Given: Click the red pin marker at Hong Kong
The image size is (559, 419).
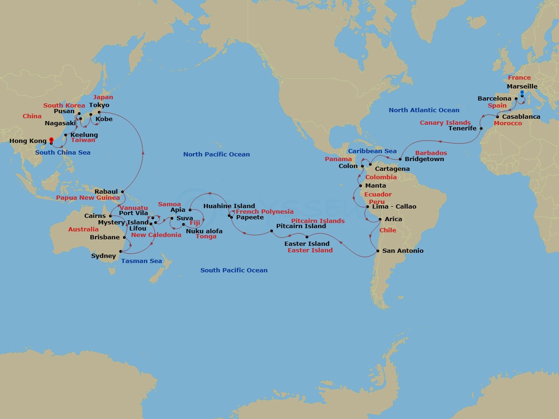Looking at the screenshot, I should [51, 140].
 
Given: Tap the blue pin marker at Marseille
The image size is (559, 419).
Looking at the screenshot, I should [522, 94].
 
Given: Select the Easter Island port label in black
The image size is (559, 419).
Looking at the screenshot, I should [307, 243].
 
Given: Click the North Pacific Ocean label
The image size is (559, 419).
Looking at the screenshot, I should [216, 154].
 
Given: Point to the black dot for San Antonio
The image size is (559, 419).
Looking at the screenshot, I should [377, 251].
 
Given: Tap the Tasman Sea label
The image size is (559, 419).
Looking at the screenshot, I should [142, 261].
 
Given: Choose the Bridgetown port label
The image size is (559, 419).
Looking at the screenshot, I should [424, 159].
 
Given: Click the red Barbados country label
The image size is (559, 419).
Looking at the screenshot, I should [431, 153].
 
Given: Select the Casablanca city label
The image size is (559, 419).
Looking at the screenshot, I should [521, 116].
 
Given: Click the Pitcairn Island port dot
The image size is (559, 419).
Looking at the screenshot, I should [272, 231].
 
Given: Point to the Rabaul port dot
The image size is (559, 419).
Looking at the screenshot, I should [122, 191].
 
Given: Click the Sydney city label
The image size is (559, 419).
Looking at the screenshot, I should [103, 256].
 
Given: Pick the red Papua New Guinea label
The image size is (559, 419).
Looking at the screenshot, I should [88, 197].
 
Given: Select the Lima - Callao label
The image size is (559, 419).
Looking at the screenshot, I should [395, 206].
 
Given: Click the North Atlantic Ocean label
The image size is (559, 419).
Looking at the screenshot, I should [424, 110].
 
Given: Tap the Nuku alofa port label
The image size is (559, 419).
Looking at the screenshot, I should [204, 231].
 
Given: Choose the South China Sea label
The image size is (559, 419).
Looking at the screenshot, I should [63, 152].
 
